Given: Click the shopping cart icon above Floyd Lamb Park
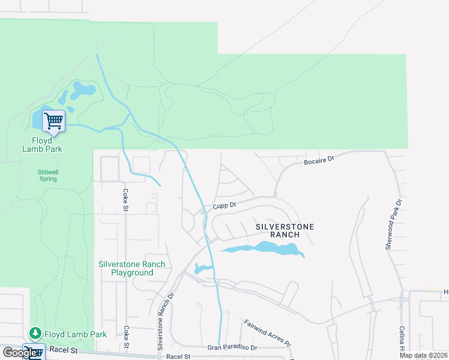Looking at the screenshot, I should point(53,122).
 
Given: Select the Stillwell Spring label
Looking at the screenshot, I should point(48,175).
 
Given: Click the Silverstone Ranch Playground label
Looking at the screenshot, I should point(132,268).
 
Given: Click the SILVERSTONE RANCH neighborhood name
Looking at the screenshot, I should point(285,230).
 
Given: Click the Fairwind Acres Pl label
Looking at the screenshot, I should point(267,333).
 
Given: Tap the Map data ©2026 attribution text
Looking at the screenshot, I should point(423,355).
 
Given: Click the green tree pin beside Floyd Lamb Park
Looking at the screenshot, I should point(35,334).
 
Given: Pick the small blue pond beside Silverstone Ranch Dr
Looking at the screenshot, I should point(202,268).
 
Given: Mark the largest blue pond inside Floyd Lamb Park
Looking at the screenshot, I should point(83,91).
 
